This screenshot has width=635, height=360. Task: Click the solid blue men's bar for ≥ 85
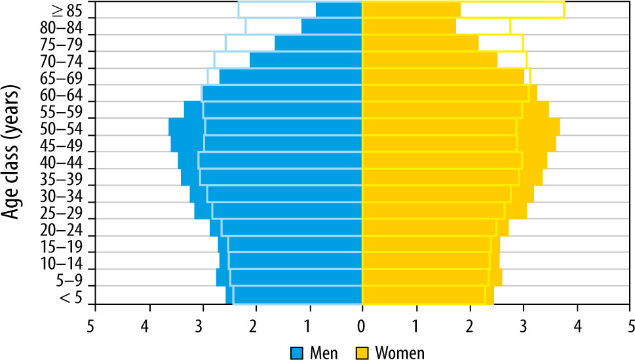(x=339, y=10)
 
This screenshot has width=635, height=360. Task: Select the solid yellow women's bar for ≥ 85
(x=411, y=10)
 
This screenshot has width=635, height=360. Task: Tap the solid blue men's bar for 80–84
(x=332, y=26)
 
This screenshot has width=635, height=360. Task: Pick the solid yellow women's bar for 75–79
(x=420, y=43)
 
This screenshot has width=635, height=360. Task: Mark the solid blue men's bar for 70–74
(x=305, y=60)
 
